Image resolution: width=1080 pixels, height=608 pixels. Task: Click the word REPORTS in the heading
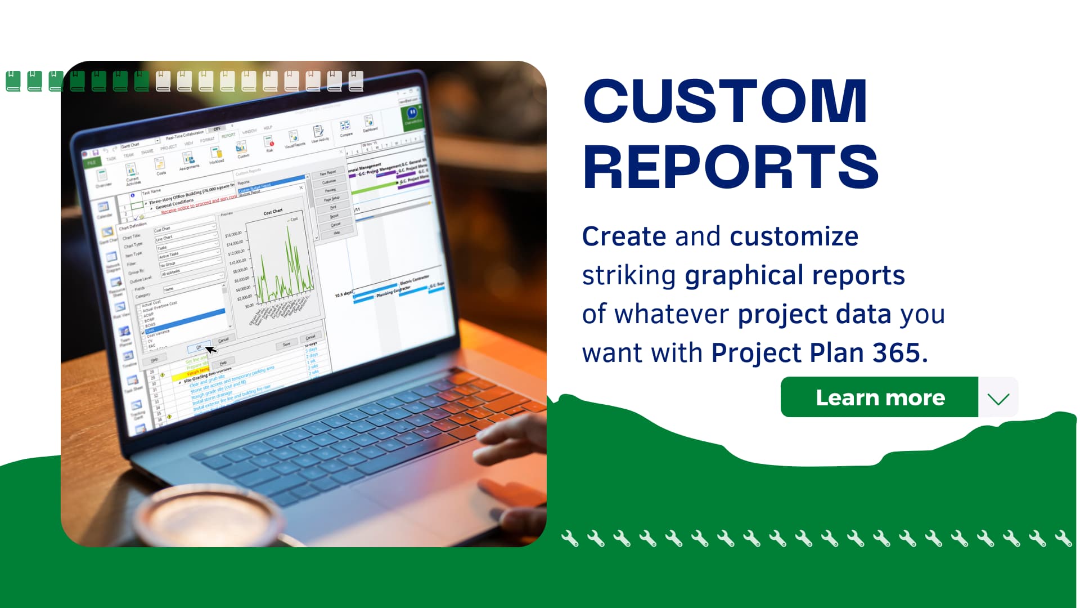tap(730, 167)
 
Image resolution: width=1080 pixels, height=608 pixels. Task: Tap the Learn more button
tap(880, 397)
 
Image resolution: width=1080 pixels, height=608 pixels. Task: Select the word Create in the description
tap(624, 236)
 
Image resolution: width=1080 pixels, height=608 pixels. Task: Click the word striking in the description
tap(628, 276)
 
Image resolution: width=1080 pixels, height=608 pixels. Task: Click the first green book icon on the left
tap(13, 81)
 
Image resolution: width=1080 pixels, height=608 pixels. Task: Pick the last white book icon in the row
tap(356, 81)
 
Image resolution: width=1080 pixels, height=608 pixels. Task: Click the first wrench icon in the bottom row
tap(570, 539)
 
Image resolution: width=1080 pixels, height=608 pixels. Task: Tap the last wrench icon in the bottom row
tap(1063, 539)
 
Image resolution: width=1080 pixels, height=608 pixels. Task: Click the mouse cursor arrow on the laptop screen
tap(210, 350)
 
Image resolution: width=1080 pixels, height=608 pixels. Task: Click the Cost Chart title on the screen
tap(273, 212)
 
